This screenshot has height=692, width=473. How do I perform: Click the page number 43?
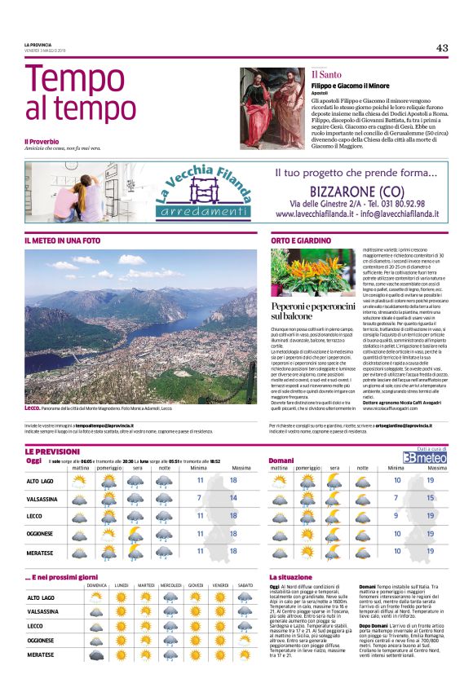click(x=441, y=47)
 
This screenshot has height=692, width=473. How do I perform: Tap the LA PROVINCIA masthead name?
click(x=38, y=45)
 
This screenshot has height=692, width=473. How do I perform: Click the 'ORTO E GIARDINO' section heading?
click(x=301, y=240)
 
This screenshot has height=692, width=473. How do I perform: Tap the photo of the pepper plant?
click(x=313, y=273)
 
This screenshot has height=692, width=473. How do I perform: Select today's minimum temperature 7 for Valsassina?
click(x=200, y=497)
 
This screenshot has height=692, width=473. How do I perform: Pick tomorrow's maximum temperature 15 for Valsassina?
click(x=430, y=497)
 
